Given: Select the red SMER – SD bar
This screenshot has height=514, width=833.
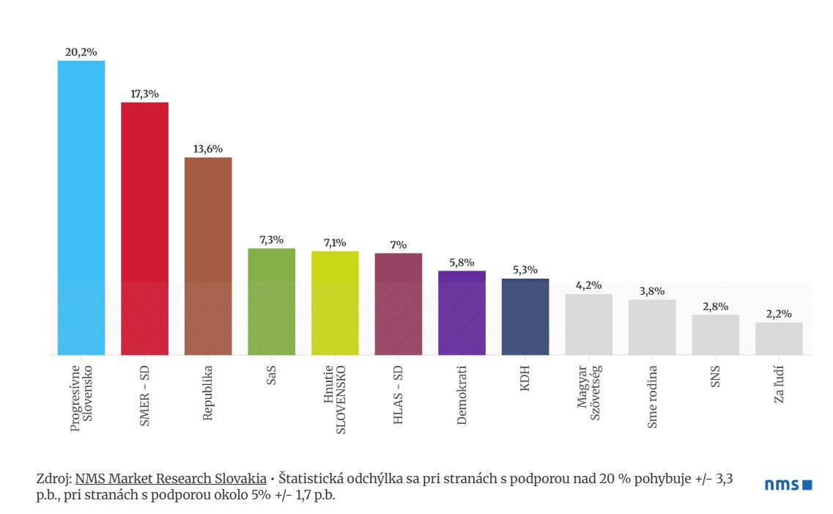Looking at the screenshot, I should pyautogui.click(x=144, y=228).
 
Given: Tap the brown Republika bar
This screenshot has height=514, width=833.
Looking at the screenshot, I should pyautogui.click(x=208, y=256).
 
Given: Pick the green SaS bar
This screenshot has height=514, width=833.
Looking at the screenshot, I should pyautogui.click(x=271, y=301).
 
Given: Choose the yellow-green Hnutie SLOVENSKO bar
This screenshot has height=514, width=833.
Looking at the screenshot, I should pyautogui.click(x=335, y=303).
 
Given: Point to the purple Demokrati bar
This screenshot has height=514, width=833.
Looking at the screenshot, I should pyautogui.click(x=462, y=312).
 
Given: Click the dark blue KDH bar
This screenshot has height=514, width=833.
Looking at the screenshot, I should pyautogui.click(x=525, y=317).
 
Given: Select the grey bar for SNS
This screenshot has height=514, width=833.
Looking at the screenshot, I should pyautogui.click(x=716, y=334).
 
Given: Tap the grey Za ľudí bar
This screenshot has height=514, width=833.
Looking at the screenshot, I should pyautogui.click(x=779, y=338).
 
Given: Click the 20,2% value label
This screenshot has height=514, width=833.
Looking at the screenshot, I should pyautogui.click(x=81, y=52).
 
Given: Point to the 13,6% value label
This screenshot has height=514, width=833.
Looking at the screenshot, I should pyautogui.click(x=208, y=149).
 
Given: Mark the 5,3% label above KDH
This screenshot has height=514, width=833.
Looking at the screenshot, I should pyautogui.click(x=525, y=270).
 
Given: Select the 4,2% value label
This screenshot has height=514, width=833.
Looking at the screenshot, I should pyautogui.click(x=588, y=285).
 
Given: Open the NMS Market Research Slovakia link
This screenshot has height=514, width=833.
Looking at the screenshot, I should pyautogui.click(x=171, y=479).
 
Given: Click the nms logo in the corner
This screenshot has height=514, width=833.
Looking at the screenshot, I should pyautogui.click(x=788, y=485).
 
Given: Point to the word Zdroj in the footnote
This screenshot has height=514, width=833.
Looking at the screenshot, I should pyautogui.click(x=52, y=479).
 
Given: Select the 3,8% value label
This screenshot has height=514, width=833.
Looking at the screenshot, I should pyautogui.click(x=652, y=291).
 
